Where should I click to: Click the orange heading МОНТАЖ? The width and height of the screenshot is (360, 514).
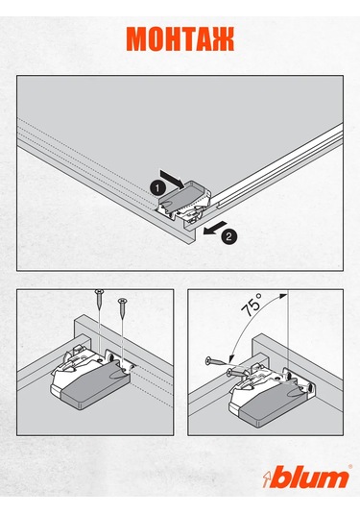tap(180, 39)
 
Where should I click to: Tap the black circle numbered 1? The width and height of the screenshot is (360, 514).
tap(157, 188)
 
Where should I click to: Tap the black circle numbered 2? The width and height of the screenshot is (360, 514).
tap(228, 236)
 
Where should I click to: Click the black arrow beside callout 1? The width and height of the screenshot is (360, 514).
tap(173, 179)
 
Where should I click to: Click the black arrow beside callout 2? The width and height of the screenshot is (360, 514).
tap(214, 228)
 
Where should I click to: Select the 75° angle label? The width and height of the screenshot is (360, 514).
tap(252, 305)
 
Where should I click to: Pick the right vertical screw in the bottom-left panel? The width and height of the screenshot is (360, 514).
tap(122, 308)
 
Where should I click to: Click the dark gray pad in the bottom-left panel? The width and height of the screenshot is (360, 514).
tap(95, 387)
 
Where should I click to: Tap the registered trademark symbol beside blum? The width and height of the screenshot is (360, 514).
tap(350, 467)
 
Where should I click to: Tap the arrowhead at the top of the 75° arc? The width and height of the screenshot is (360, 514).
tap(283, 296)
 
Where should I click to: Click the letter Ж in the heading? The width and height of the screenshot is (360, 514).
tap(223, 39)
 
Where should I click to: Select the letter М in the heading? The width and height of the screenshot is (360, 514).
tap(137, 39)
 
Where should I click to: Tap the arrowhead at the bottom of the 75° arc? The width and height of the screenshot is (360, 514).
tap(232, 357)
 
